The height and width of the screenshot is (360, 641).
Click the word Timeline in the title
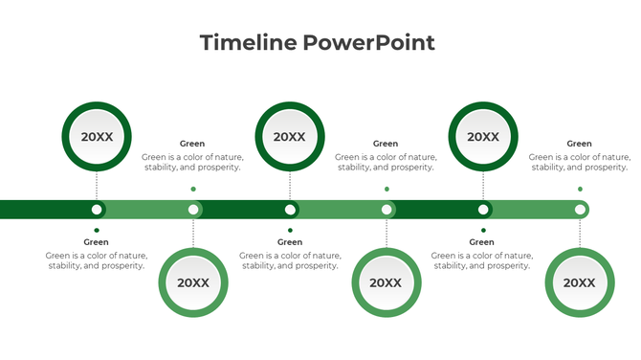tap(248, 42)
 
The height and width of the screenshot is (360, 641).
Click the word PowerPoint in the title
tap(368, 42)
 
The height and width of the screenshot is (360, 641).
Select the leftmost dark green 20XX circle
tap(97, 137)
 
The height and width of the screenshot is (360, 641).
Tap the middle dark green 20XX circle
tap(290, 137)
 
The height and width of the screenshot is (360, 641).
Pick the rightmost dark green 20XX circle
tap(483, 137)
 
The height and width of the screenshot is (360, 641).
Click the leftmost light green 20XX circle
tap(193, 282)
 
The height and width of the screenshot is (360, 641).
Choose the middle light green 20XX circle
tap(386, 282)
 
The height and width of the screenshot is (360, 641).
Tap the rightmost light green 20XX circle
tap(579, 282)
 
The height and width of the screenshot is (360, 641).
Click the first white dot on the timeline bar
tap(97, 210)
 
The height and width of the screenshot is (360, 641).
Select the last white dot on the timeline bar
tap(579, 210)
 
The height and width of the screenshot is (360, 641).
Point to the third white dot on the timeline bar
tap(290, 210)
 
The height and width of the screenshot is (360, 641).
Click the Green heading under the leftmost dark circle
tap(97, 242)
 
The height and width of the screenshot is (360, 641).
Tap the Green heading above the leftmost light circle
tap(192, 144)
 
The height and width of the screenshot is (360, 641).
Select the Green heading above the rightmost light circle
tap(579, 144)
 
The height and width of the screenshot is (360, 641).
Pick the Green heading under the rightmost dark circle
tap(482, 242)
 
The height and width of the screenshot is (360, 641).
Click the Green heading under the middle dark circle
tap(290, 242)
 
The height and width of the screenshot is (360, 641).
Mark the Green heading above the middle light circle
tap(386, 144)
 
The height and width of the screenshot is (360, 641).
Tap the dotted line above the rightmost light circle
tap(579, 234)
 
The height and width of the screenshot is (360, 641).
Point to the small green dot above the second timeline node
tap(193, 189)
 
